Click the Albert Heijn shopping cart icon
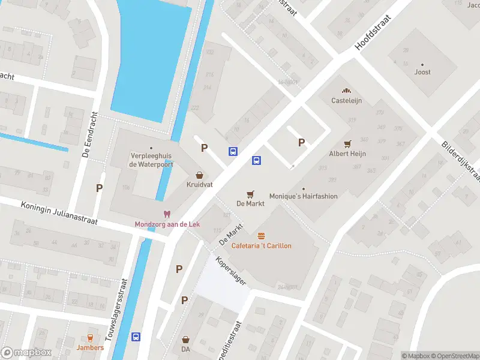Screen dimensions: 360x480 347,144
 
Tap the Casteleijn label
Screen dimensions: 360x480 347,101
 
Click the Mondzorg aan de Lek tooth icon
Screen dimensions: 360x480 167,214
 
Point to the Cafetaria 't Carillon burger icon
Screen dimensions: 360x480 261,236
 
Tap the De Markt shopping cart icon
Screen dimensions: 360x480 251,194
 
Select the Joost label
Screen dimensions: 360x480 422,72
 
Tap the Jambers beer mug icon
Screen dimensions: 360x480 90,338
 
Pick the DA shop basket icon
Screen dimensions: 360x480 185,339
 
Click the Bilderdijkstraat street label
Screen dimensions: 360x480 461,161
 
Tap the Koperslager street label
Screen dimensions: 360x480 231,272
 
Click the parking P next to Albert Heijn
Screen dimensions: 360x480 302,142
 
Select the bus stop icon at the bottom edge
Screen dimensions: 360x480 136,337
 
